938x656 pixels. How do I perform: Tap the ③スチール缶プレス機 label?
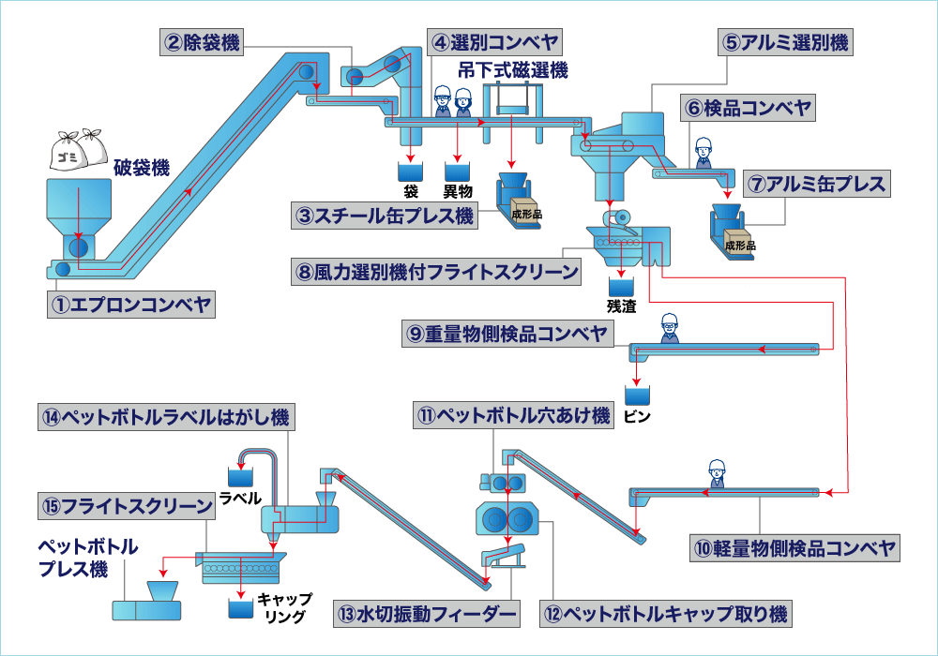pos(385,216)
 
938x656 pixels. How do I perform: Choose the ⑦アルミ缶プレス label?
pos(815,184)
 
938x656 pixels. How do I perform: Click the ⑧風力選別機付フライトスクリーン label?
pos(436,273)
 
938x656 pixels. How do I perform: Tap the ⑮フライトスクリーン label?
pos(127,506)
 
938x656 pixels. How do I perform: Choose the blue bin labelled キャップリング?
pos(241,608)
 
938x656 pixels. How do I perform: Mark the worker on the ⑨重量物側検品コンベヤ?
pos(669,327)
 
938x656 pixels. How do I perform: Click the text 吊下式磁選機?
pos(513,69)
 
